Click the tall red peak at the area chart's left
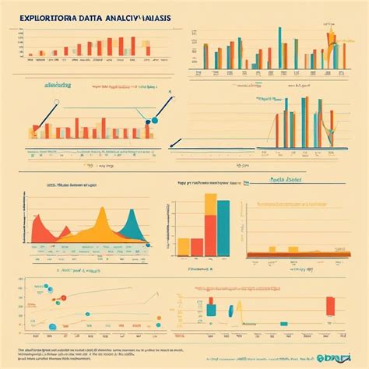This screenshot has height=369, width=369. (37, 214)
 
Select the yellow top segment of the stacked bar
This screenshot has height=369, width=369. (209, 204)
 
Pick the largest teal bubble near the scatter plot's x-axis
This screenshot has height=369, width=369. (52, 326)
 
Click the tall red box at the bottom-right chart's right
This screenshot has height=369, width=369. (330, 304)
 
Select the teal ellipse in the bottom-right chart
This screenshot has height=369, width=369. (230, 311)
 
